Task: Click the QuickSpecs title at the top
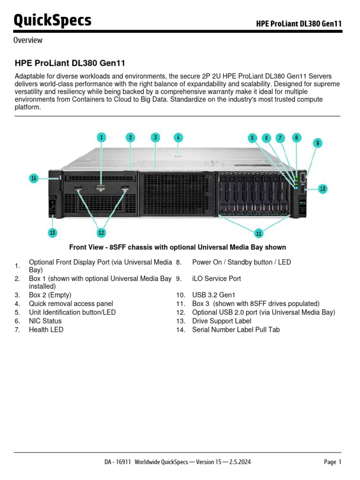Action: [52, 21]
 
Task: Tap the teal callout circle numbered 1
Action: [102, 137]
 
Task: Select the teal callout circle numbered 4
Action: [178, 137]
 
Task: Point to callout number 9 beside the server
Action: [317, 142]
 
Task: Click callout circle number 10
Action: [322, 189]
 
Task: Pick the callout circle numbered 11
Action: [259, 232]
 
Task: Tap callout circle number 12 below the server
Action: [101, 232]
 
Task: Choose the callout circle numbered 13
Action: [52, 232]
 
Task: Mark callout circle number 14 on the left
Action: [33, 178]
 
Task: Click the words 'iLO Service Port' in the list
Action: [216, 278]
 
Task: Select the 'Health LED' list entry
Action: [46, 330]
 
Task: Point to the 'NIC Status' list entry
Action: [45, 321]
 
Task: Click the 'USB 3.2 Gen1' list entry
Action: [212, 295]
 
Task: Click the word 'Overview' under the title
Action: [28, 40]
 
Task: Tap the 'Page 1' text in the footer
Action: [332, 462]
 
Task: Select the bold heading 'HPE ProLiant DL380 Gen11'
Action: [70, 63]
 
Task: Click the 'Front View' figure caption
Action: [177, 247]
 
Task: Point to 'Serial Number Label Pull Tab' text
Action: [236, 330]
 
